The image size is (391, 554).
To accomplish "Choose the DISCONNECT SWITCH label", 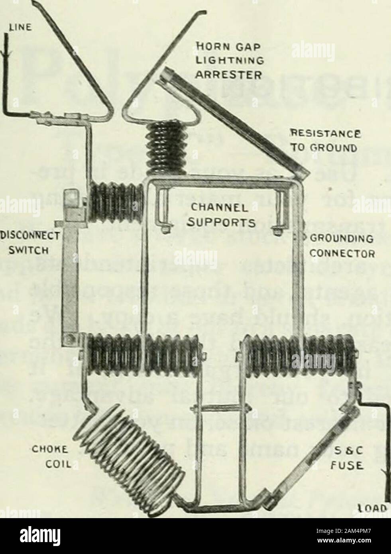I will point(30,243).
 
